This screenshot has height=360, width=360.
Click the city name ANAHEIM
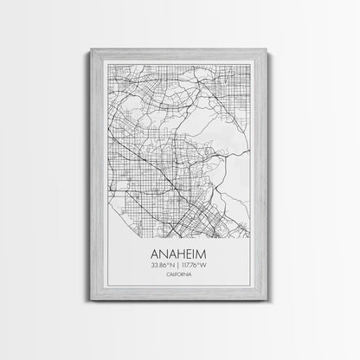(180, 256)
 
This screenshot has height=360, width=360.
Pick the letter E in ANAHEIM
(192, 256)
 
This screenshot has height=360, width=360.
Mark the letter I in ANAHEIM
(200, 256)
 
